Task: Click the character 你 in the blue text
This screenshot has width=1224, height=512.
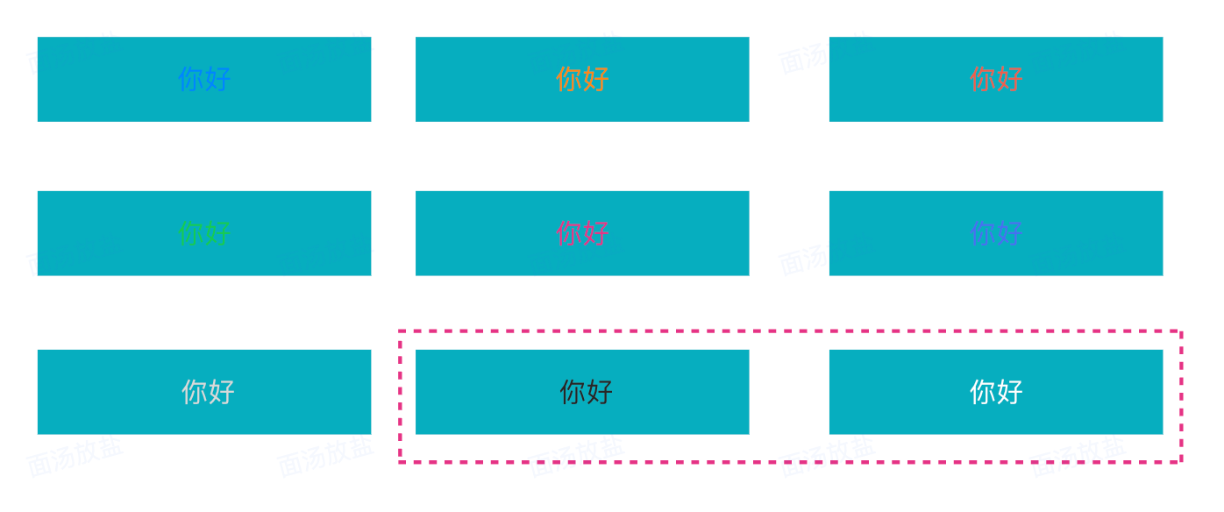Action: [191, 79]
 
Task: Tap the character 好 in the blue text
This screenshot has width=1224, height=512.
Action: [217, 79]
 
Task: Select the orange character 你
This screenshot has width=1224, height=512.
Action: [569, 79]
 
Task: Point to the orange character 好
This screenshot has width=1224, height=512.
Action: [595, 79]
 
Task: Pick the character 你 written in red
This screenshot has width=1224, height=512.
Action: [983, 79]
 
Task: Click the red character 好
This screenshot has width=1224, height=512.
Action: [1009, 79]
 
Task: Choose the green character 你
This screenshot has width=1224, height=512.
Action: [191, 233]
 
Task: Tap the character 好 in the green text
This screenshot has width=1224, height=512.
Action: [217, 233]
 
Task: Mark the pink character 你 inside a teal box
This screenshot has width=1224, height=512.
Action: [569, 233]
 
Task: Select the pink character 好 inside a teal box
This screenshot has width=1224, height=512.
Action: [595, 233]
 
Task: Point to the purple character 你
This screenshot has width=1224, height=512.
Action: [983, 233]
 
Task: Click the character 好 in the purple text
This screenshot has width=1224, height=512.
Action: [1009, 233]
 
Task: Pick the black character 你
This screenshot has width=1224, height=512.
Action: [573, 392]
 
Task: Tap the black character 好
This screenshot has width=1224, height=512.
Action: [599, 392]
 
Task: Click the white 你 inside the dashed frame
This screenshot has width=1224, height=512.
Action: [983, 392]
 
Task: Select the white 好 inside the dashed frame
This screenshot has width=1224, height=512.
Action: [1009, 392]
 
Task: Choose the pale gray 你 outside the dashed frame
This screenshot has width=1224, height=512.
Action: [195, 392]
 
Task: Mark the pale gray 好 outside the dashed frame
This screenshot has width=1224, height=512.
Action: [221, 392]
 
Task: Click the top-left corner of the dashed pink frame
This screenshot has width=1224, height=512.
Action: [400, 331]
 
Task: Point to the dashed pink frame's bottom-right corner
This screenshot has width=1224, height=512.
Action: [1181, 460]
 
